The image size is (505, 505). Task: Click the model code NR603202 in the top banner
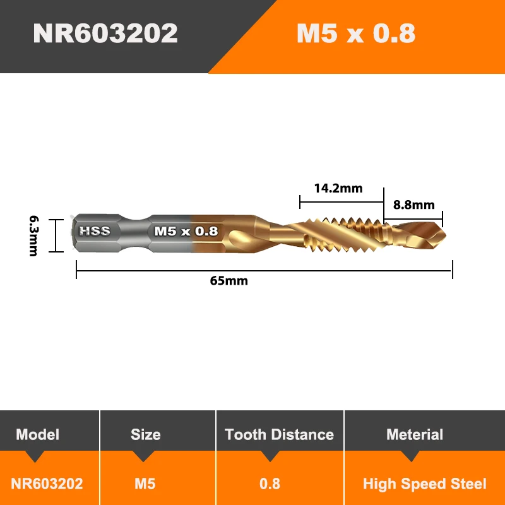coord(105,33)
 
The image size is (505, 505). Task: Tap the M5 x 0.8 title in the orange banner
coord(356,33)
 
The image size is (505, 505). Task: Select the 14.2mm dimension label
coord(338,187)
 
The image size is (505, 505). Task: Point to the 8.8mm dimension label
coord(414,205)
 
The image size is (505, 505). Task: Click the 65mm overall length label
coord(229,281)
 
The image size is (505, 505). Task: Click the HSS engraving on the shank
coord(95,231)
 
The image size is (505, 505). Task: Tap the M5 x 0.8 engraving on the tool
coord(186,231)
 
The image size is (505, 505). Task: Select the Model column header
coord(38,434)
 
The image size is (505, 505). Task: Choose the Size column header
coord(146,434)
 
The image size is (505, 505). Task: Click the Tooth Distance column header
coord(279,434)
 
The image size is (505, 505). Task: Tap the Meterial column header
coord(415,434)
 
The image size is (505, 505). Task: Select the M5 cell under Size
coord(146,484)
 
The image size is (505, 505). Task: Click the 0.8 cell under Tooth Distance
coord(270,484)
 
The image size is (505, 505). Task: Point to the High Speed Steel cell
coord(425,484)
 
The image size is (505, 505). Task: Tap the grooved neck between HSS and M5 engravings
coord(133,231)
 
